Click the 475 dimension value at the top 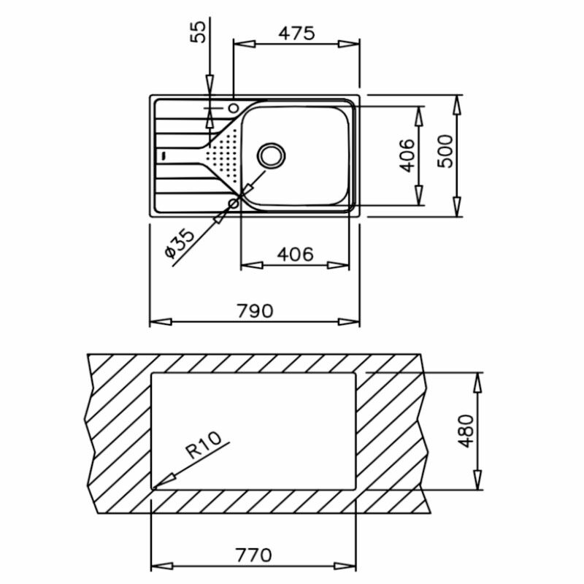point(296,33)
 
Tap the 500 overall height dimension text point(445,155)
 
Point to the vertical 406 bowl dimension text point(407,155)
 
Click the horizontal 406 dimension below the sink point(296,254)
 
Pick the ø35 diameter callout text point(179,243)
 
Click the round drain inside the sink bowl point(272,155)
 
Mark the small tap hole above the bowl point(234,108)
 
